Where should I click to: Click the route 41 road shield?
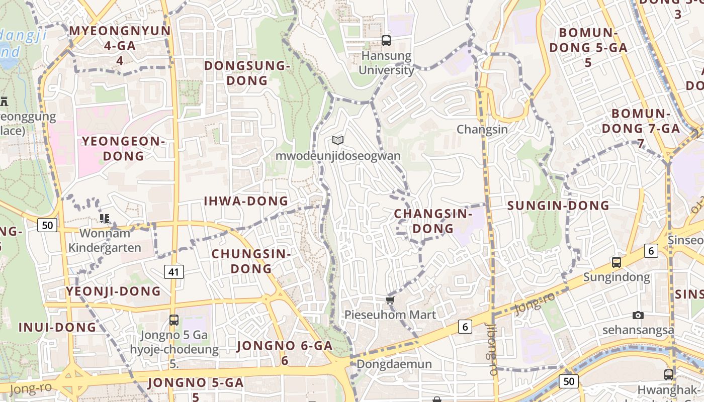pyautogui.click(x=173, y=272)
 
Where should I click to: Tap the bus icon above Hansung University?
pyautogui.click(x=386, y=41)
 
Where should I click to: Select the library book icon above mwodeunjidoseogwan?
pyautogui.click(x=338, y=141)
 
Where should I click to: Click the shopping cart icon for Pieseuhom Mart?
pyautogui.click(x=390, y=300)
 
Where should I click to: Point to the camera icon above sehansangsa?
pyautogui.click(x=638, y=315)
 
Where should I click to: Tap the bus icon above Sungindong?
pyautogui.click(x=617, y=262)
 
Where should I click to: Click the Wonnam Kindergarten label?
pyautogui.click(x=105, y=240)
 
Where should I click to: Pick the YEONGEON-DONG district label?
pyautogui.click(x=123, y=149)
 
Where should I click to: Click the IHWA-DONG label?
pyautogui.click(x=246, y=202)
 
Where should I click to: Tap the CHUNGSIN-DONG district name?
pyautogui.click(x=251, y=261)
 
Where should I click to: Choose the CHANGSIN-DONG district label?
pyautogui.click(x=433, y=221)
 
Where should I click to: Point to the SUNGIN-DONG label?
pyautogui.click(x=558, y=206)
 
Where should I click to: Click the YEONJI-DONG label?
pyautogui.click(x=114, y=291)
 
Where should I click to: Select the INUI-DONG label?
pyautogui.click(x=57, y=327)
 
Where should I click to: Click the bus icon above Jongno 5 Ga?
pyautogui.click(x=174, y=320)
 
